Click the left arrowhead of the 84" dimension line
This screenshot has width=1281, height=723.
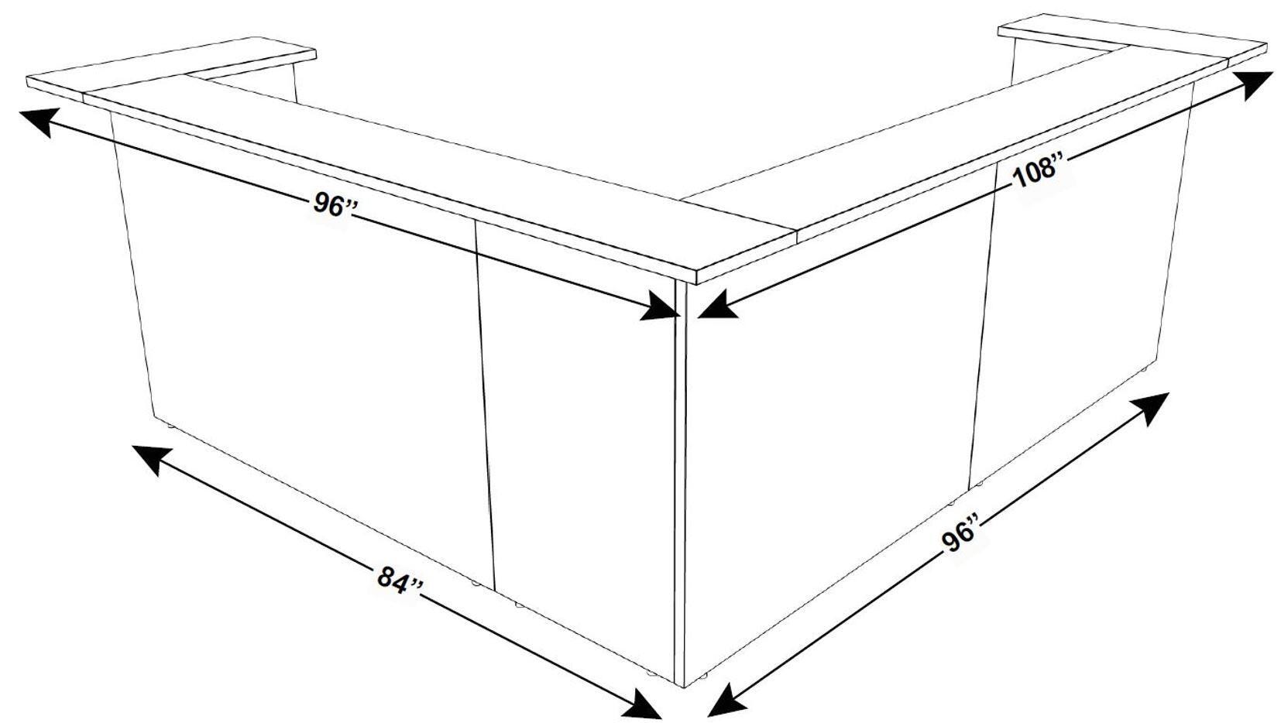pyautogui.click(x=153, y=457)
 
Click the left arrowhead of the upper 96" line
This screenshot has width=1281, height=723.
pyautogui.click(x=40, y=121)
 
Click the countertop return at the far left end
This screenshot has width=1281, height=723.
pyautogui.click(x=172, y=66)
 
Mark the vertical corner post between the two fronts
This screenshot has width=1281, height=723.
pyautogui.click(x=681, y=483)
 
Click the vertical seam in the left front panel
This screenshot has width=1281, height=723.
pyautogui.click(x=484, y=404)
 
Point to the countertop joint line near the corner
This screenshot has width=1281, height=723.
pyautogui.click(x=740, y=214)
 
